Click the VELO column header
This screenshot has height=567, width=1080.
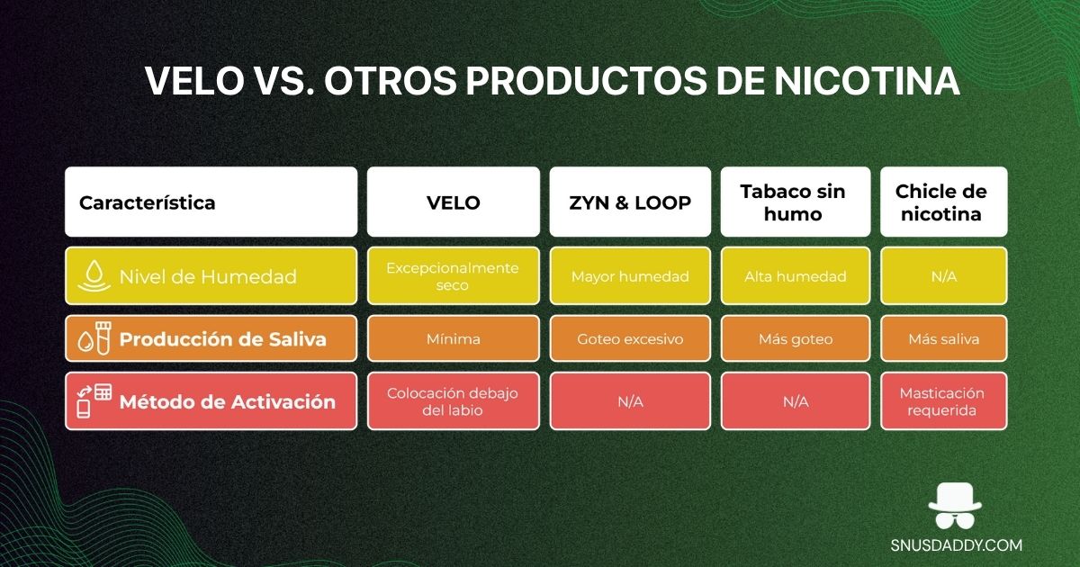(x=453, y=202)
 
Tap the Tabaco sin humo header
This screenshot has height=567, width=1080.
(x=795, y=202)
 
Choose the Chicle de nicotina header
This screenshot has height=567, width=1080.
(x=943, y=202)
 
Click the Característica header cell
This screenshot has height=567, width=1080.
(x=211, y=202)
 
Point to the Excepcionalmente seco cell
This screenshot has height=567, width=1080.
(x=453, y=276)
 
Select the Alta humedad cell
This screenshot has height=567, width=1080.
(x=795, y=276)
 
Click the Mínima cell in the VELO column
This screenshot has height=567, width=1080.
(x=453, y=339)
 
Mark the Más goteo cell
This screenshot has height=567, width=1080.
(x=795, y=339)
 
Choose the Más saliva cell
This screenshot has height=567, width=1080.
(x=943, y=339)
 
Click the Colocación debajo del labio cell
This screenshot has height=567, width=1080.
(x=453, y=401)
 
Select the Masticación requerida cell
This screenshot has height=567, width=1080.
(x=943, y=401)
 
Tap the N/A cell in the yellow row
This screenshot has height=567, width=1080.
(x=943, y=276)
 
